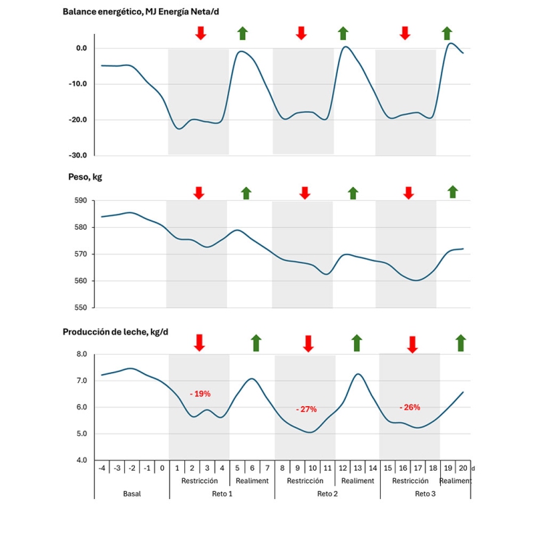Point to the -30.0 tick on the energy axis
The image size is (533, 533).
point(77,155)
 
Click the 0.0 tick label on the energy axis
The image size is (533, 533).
point(80,49)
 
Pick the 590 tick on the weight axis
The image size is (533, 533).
point(80,201)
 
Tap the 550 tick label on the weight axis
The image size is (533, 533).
point(80,307)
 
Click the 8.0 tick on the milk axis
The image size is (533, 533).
point(81,355)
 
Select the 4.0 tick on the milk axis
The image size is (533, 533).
point(81,460)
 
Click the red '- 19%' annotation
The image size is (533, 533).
point(200,394)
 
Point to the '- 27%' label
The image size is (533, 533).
point(306,409)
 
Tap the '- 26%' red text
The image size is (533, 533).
point(410,407)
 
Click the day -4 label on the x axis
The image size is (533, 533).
point(102,468)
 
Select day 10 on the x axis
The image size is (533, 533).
point(313,468)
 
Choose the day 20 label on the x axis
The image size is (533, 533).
point(463,468)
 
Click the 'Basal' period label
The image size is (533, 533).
point(132,493)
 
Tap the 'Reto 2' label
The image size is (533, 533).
point(327,493)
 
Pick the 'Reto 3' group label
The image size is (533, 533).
point(425,493)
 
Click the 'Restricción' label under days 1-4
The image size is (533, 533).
point(199,481)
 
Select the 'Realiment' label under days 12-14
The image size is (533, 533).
point(358,481)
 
